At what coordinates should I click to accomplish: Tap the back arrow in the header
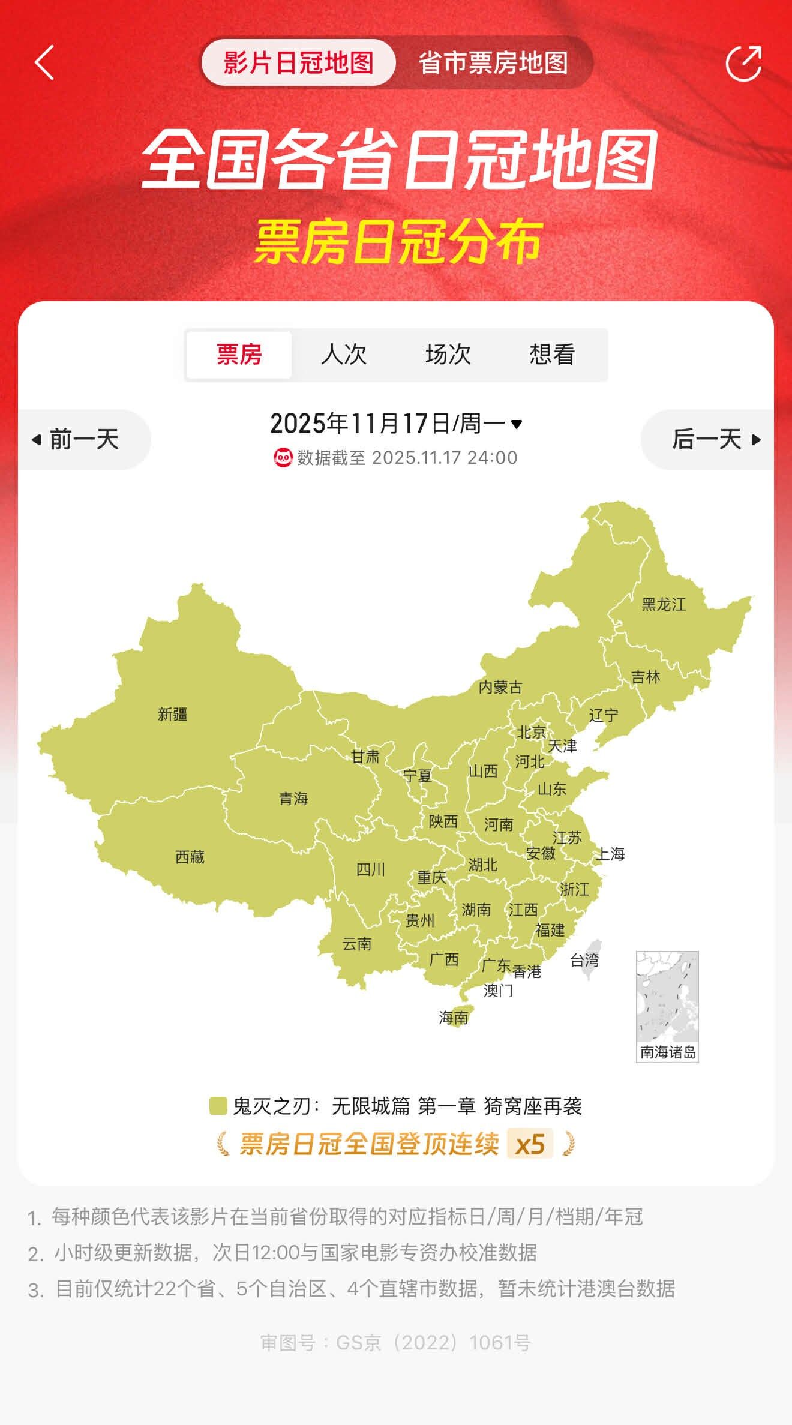tap(45, 62)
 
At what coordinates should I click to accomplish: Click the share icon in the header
tap(743, 62)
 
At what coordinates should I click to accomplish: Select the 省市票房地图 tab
tap(493, 62)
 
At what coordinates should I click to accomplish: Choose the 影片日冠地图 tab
tap(298, 62)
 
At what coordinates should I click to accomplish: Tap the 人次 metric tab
tap(343, 354)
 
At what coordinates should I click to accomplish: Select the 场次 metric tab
tap(448, 354)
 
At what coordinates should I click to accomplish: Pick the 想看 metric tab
tap(552, 354)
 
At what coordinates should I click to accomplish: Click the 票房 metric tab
tap(239, 354)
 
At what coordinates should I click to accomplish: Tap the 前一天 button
tap(77, 439)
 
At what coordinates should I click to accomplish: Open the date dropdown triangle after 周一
tap(517, 424)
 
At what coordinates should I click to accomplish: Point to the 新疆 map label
tap(173, 714)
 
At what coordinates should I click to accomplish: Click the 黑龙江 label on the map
tap(664, 604)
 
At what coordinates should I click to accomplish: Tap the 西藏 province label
tap(190, 857)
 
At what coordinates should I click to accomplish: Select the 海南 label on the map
tap(454, 1018)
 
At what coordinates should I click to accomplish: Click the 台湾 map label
tap(584, 961)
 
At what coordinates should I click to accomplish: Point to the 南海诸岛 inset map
tap(667, 1005)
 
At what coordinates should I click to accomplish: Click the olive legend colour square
tap(218, 1106)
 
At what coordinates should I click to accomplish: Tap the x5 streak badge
tap(530, 1144)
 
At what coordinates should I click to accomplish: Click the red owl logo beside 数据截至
tap(283, 457)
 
